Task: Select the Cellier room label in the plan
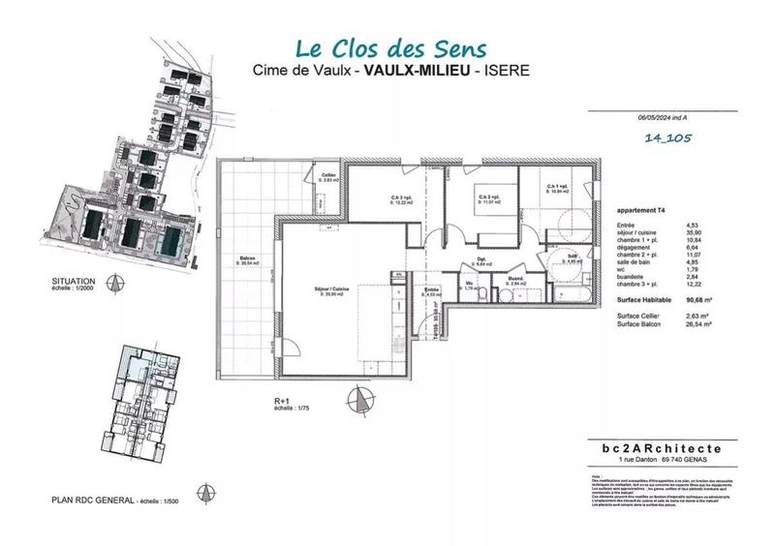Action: pos(328,175)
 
